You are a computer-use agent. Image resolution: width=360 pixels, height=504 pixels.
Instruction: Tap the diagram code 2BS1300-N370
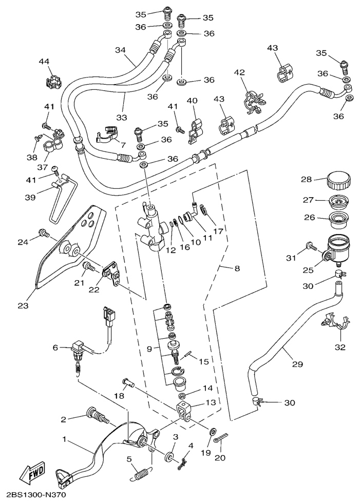[37, 496]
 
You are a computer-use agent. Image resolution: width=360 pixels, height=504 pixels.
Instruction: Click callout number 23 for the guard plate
[23, 306]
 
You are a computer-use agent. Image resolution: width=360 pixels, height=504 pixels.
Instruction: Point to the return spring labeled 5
[143, 470]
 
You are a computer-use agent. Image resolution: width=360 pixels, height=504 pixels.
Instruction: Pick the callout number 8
[237, 268]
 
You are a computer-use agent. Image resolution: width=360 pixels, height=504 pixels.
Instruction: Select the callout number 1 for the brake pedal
[65, 439]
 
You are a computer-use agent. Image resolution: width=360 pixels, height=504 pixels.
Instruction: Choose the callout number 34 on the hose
[120, 50]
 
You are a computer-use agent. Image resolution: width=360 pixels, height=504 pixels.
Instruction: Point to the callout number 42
[239, 73]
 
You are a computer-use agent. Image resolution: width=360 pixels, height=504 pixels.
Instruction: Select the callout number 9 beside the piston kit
[149, 349]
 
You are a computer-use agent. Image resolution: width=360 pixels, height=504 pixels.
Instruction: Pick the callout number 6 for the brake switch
[56, 347]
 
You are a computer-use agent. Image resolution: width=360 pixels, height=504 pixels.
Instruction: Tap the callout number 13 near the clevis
[211, 403]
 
